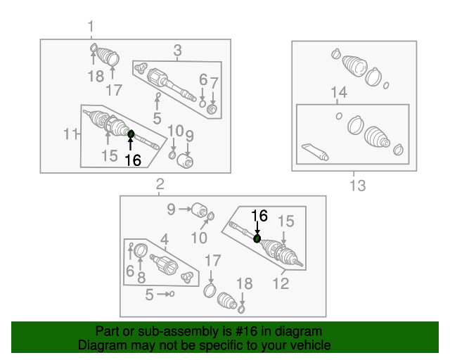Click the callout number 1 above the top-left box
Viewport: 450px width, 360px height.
tap(91, 27)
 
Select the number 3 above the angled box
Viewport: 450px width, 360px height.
tap(178, 51)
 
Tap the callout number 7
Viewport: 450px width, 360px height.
tap(214, 84)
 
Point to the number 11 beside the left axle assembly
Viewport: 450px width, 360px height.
tap(71, 134)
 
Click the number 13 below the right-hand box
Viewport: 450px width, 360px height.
tap(358, 186)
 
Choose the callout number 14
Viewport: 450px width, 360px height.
tap(339, 92)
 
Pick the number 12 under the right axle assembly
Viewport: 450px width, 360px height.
tap(281, 283)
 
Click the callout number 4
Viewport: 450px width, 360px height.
tap(164, 240)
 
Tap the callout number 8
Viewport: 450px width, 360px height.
tap(141, 278)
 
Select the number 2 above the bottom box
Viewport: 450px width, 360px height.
tap(160, 184)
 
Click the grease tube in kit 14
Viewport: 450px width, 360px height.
tap(315, 152)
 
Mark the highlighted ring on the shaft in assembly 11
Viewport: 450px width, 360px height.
tap(131, 134)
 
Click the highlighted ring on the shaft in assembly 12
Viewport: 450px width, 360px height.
tap(257, 238)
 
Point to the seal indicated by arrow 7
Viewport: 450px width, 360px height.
tap(212, 110)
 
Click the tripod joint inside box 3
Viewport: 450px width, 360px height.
tap(141, 68)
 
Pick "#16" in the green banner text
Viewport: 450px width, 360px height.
tap(246, 331)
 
